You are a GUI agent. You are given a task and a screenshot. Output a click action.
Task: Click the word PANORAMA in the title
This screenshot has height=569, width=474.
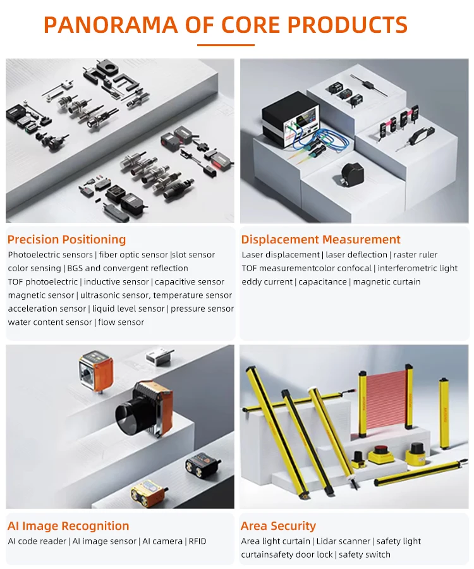coord(111,25)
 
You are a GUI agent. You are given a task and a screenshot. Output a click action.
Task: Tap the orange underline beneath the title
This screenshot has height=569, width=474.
coord(226,45)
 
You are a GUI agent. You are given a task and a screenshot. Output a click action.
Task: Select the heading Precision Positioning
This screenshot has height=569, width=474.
coord(67,240)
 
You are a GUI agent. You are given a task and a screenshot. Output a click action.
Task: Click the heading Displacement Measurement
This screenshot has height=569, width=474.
coord(320,240)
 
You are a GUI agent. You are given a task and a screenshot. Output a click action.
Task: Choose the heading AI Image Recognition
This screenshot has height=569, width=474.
coord(68,526)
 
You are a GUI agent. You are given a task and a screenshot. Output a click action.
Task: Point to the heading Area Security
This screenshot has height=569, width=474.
coord(278,526)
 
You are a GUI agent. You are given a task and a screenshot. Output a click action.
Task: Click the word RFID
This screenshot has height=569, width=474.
coord(197,541)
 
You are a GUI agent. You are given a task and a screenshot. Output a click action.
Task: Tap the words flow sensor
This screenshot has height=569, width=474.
coord(121,322)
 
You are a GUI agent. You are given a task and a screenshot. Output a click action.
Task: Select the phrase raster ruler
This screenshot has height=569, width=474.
coord(415,255)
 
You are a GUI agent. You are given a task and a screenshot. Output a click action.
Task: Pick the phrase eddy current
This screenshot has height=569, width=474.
coord(267,281)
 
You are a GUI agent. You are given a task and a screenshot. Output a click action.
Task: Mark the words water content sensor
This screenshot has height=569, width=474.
coord(50,322)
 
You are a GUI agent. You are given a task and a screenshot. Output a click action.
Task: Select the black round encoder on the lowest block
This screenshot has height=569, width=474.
coord(352,174)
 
